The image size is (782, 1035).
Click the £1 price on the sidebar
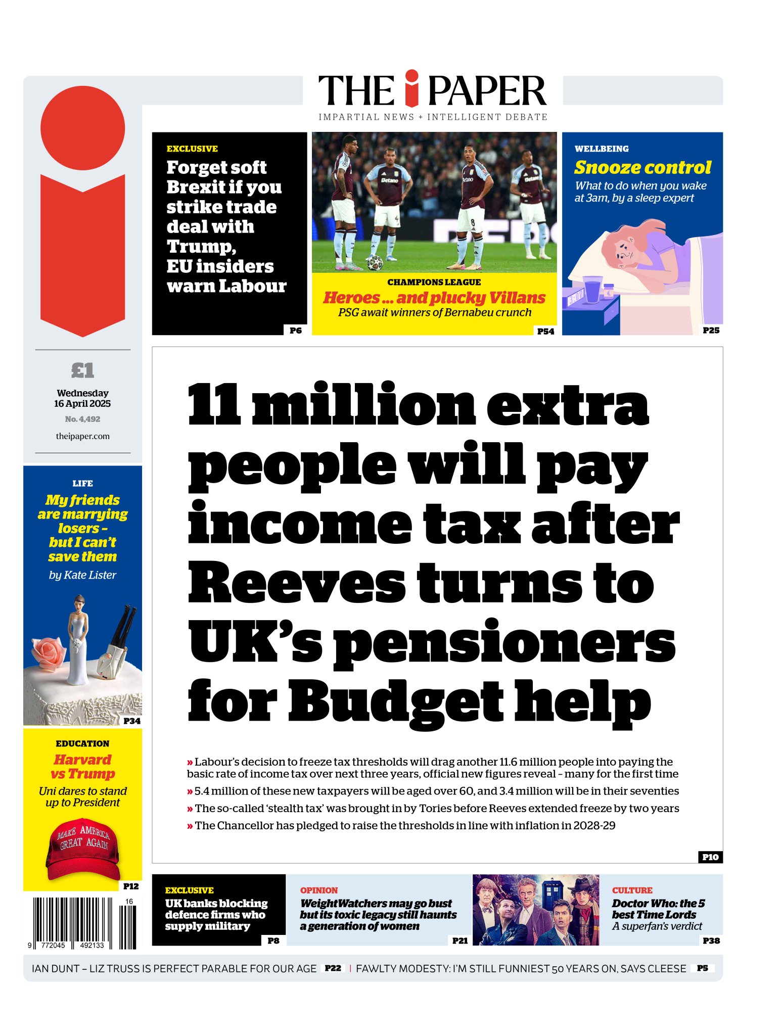pos(82,370)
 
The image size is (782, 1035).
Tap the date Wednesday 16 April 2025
pos(82,398)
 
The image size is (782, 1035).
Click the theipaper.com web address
pos(82,436)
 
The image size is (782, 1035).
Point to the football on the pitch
pos(375,262)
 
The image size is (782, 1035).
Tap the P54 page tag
pos(545,331)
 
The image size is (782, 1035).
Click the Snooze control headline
pos(642,167)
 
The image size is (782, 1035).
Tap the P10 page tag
pos(710,857)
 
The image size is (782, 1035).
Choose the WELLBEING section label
pos(602,149)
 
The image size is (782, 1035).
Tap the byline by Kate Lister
pos(82,575)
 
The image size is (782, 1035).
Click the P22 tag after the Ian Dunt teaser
pos(333,968)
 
